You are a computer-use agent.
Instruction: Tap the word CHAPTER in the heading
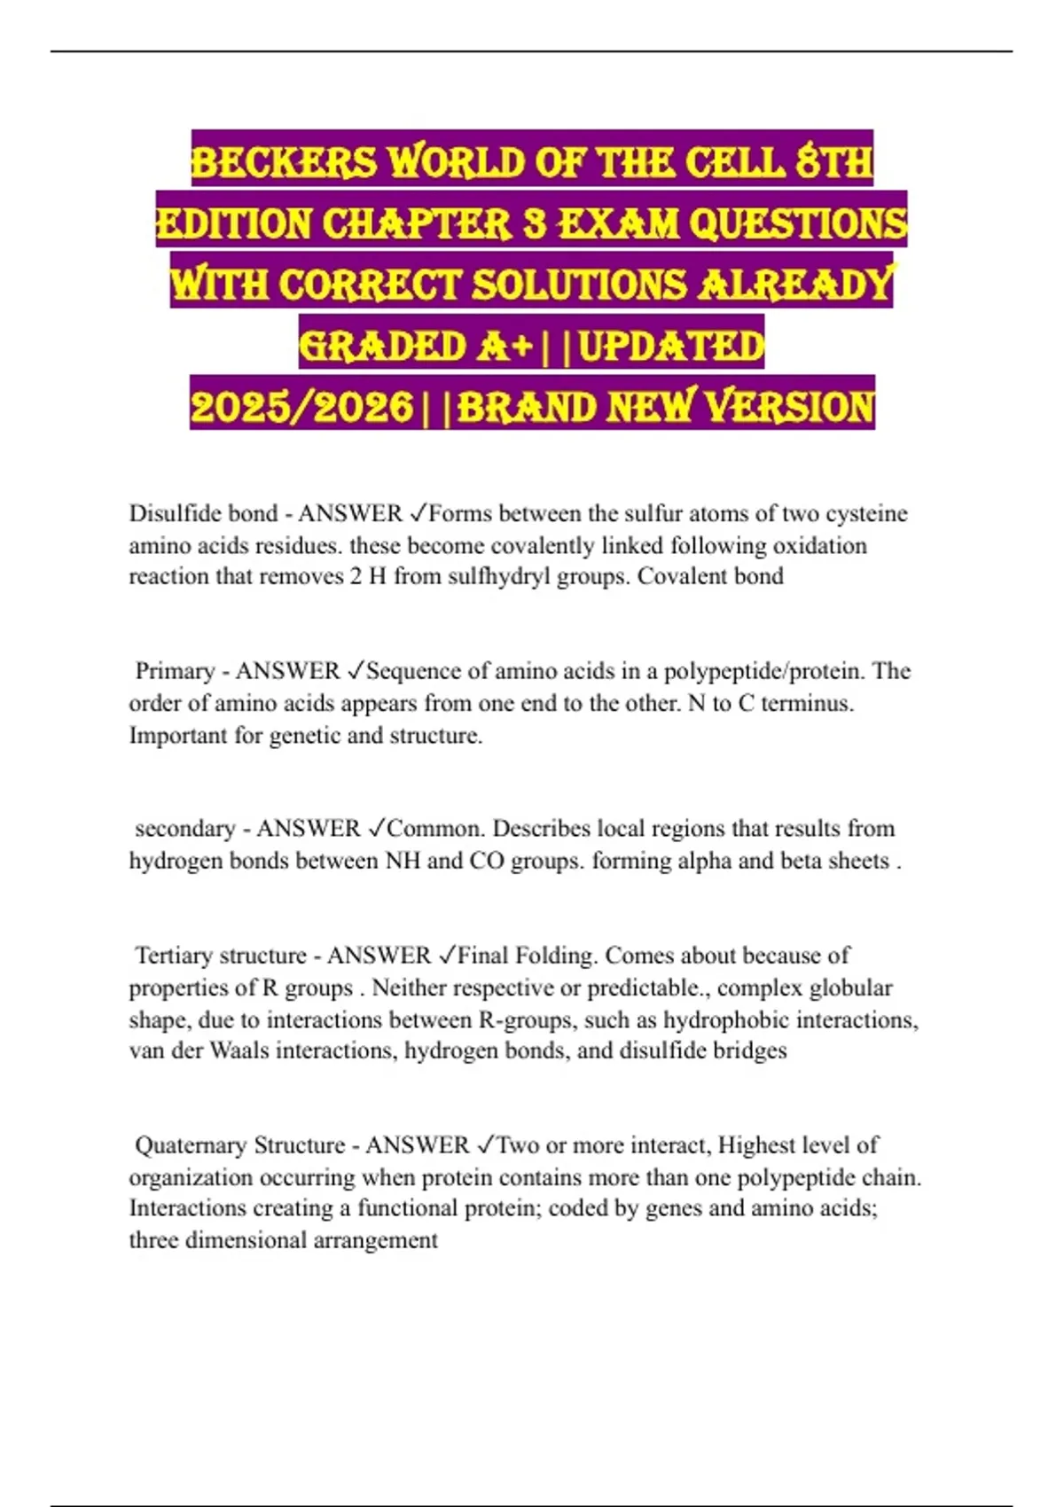tap(418, 223)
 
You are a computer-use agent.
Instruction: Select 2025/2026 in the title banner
tap(301, 407)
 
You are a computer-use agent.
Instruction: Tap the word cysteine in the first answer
tap(866, 513)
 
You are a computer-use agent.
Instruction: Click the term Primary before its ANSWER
tap(175, 671)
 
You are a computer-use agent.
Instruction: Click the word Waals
tap(239, 1050)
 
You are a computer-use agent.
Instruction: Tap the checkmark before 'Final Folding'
tap(447, 956)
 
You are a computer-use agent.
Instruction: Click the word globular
tap(850, 988)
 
